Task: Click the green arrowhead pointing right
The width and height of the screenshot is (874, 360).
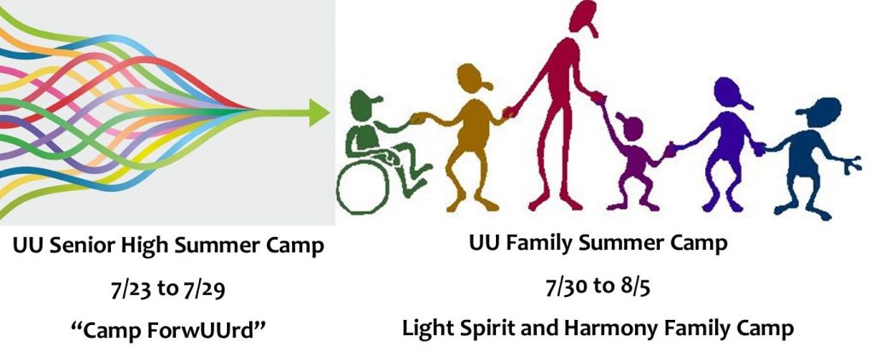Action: tap(319, 113)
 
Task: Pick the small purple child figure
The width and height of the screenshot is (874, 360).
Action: tap(635, 160)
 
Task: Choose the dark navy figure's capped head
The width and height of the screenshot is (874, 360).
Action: tap(820, 113)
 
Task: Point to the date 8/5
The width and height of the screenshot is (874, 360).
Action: tap(634, 287)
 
